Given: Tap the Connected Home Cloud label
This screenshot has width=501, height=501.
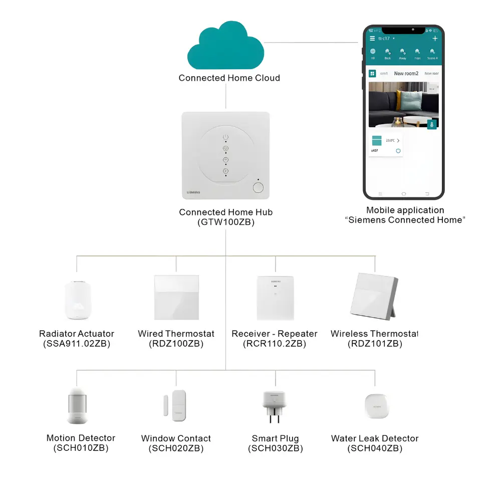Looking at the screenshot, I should (229, 78).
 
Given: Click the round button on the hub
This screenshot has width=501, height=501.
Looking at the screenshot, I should (258, 188).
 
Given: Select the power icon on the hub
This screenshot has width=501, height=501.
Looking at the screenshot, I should (225, 136).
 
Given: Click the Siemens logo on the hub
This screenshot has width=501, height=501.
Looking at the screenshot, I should (193, 192).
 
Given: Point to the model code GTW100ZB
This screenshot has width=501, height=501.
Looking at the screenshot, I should (225, 222).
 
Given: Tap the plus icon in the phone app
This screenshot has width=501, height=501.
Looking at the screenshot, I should (435, 39).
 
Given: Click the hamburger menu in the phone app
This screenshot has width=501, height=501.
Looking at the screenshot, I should (372, 39).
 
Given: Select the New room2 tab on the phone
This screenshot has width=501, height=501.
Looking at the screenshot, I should (406, 74).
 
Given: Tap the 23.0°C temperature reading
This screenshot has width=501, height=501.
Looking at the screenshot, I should (390, 141).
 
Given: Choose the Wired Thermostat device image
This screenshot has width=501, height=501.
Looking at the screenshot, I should (176, 298).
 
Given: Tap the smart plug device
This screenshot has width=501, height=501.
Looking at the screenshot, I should (275, 406).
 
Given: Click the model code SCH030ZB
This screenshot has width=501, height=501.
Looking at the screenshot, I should (276, 449).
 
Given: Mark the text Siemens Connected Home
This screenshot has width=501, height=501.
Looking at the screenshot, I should (405, 220).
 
